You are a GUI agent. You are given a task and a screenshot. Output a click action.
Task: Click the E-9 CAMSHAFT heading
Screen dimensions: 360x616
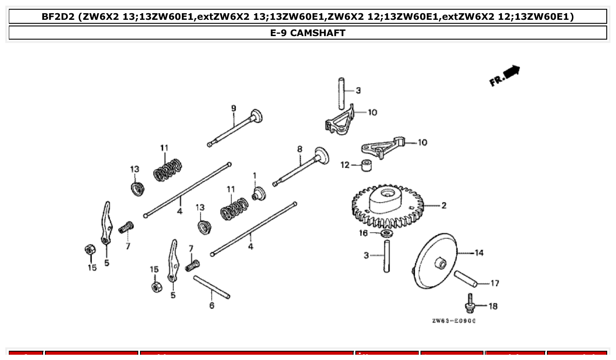pos(308,33)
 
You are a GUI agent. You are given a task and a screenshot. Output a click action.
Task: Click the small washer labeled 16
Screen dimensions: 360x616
pos(386,232)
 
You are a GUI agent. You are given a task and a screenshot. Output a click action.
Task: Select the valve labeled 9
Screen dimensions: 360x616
pos(233,129)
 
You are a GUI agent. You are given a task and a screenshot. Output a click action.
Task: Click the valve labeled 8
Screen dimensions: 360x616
pos(300,168)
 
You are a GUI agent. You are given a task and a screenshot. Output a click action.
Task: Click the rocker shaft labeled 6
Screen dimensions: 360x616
pos(211,287)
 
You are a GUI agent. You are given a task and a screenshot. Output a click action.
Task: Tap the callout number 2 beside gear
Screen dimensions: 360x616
pos(443,206)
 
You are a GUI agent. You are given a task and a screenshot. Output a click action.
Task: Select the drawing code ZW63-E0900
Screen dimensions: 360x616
pos(454,320)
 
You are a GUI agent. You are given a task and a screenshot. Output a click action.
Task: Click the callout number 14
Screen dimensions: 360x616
pos(479,253)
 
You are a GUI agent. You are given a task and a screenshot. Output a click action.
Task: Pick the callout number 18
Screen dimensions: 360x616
pos(493,306)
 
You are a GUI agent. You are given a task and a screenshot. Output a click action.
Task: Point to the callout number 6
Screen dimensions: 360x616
pos(212,305)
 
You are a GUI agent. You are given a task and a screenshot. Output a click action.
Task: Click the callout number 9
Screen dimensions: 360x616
pos(233,108)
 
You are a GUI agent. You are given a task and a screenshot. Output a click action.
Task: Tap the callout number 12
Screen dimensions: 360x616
pos(345,165)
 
